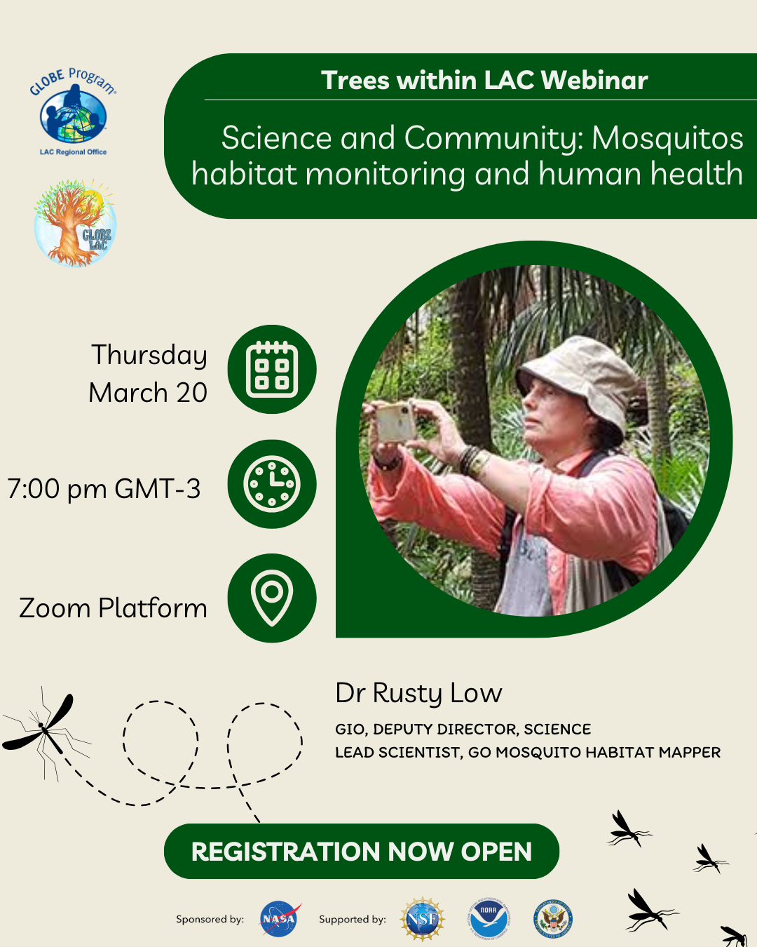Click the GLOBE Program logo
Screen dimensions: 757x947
click(73, 112)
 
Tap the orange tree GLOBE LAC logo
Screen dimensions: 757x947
click(75, 222)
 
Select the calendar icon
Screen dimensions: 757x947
click(272, 369)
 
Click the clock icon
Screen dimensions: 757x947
click(272, 483)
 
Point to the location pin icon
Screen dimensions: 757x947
click(272, 598)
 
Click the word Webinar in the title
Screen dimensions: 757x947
click(594, 81)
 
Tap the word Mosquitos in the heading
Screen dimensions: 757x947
click(667, 138)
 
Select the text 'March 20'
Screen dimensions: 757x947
click(148, 393)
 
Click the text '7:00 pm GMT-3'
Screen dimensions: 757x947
click(104, 488)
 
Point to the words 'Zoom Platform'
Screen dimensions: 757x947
click(113, 608)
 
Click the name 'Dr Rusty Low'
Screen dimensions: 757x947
click(418, 694)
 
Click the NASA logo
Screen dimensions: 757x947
click(279, 918)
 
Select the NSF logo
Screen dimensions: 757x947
click(422, 919)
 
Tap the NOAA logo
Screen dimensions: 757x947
click(489, 918)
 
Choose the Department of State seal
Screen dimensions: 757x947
click(553, 918)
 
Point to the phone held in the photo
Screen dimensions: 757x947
click(396, 423)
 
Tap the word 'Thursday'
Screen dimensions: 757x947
click(149, 356)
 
